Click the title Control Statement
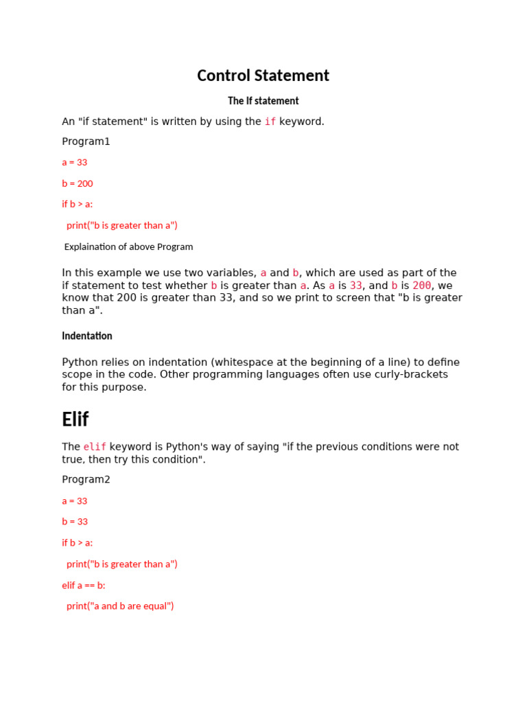pyautogui.click(x=263, y=76)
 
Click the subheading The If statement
pyautogui.click(x=263, y=101)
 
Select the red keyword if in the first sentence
pyautogui.click(x=270, y=122)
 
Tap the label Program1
pyautogui.click(x=86, y=141)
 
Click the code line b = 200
pyautogui.click(x=77, y=183)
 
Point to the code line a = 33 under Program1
pyautogui.click(x=74, y=163)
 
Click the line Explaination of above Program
pyautogui.click(x=128, y=246)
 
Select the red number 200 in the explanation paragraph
pyautogui.click(x=421, y=286)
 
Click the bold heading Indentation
pyautogui.click(x=86, y=336)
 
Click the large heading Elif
pyautogui.click(x=75, y=419)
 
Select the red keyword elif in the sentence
pyautogui.click(x=95, y=447)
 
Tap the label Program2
pyautogui.click(x=86, y=479)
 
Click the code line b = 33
pyautogui.click(x=74, y=522)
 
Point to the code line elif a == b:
pyautogui.click(x=84, y=586)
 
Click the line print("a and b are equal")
pyautogui.click(x=120, y=606)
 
